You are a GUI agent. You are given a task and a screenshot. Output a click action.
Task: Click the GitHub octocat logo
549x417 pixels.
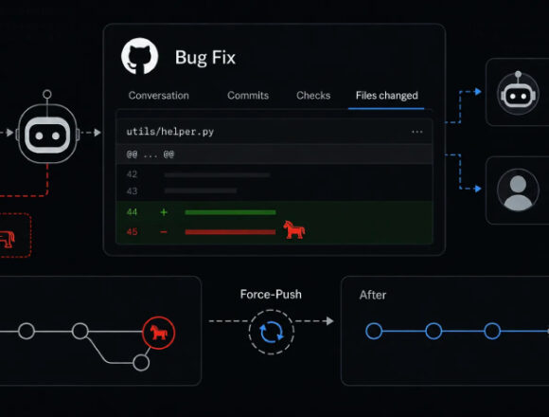click(139, 56)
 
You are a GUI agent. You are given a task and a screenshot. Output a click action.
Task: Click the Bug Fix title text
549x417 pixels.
click(205, 58)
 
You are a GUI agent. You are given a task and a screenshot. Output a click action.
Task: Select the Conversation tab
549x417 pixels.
click(159, 96)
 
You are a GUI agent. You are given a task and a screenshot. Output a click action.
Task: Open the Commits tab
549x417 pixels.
click(248, 96)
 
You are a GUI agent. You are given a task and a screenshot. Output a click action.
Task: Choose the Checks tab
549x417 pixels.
click(313, 96)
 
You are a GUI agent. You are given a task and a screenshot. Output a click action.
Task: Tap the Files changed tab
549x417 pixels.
click(387, 96)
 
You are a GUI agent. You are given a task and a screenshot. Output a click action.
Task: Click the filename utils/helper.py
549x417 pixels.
click(170, 132)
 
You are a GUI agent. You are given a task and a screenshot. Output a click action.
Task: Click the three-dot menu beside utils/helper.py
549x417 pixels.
click(417, 132)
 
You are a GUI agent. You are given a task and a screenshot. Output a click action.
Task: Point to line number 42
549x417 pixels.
click(132, 174)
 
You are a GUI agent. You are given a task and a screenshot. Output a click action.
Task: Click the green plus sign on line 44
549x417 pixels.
click(164, 212)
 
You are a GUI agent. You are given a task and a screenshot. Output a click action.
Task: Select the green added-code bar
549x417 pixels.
click(230, 212)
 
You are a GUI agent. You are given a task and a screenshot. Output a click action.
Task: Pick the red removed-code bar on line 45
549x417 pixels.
click(230, 232)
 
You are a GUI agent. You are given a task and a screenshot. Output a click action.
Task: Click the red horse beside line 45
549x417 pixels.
click(293, 230)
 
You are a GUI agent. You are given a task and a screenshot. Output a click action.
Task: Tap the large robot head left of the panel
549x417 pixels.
click(47, 134)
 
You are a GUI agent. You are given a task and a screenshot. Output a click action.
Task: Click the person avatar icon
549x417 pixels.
click(518, 190)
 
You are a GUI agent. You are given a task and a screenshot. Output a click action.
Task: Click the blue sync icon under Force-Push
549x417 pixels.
click(272, 332)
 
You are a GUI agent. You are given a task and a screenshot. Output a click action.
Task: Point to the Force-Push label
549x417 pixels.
click(271, 295)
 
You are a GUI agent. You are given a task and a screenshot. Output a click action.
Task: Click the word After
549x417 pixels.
click(373, 295)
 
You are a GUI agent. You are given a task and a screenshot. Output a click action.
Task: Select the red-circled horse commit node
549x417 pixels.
click(159, 333)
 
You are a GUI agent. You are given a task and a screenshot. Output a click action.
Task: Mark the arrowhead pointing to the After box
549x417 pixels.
click(329, 321)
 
